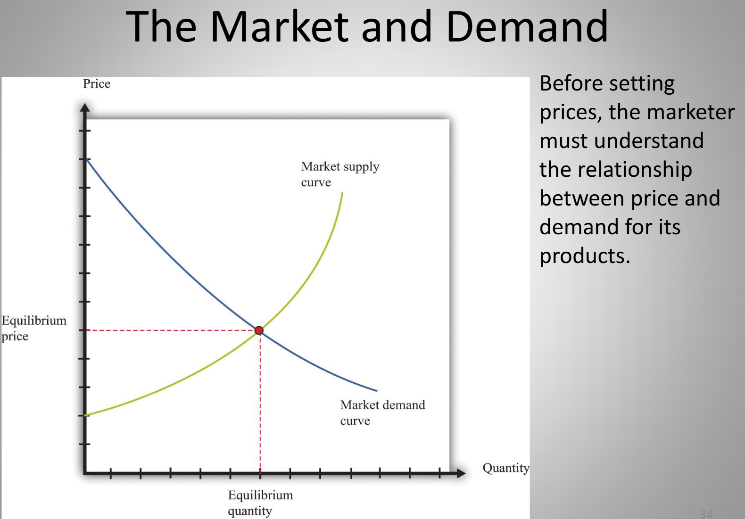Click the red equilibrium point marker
coord(259,330)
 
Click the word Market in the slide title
coord(280,26)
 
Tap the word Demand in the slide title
coord(527,26)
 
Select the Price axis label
coord(97,84)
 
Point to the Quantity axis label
coord(506,468)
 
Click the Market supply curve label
coord(340,174)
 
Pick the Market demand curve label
coord(382,412)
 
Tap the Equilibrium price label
coord(34,328)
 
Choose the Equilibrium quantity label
coord(260,503)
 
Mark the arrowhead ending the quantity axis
coord(461,473)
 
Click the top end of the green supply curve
coord(342,192)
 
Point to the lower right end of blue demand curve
coord(377,391)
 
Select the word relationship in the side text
coord(635,170)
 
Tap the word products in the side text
coord(584,255)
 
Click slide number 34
coord(706,514)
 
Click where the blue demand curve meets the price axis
coord(86,159)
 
